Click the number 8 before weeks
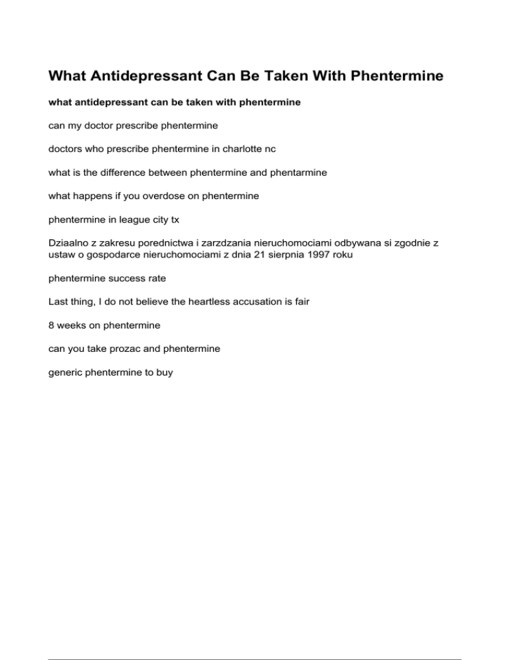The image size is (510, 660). (x=52, y=327)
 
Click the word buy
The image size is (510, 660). (x=163, y=372)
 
